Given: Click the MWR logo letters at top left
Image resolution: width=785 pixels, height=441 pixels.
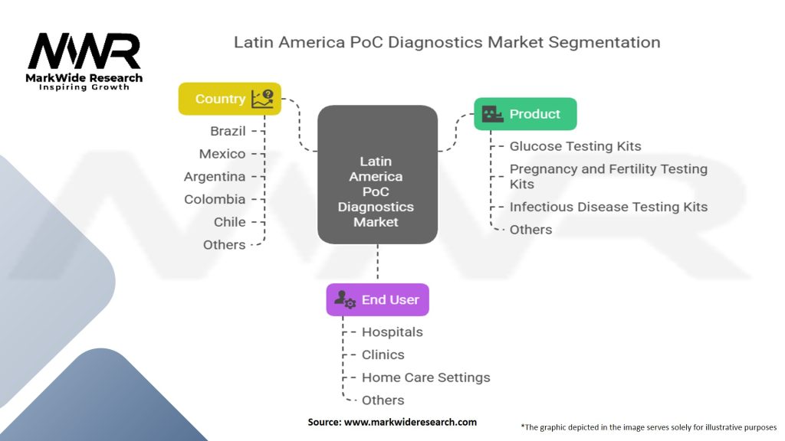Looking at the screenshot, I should [x=84, y=51].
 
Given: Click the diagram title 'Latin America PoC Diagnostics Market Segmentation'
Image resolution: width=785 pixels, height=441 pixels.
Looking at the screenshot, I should [x=447, y=41].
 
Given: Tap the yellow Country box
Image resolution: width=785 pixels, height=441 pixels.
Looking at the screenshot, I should [x=229, y=99].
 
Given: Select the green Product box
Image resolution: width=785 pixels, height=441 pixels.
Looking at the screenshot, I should [x=525, y=114].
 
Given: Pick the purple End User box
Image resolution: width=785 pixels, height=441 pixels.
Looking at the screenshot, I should [x=378, y=300].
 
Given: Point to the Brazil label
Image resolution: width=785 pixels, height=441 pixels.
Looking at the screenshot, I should [x=228, y=131].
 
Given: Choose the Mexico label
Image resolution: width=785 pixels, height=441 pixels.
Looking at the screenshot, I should [x=222, y=154].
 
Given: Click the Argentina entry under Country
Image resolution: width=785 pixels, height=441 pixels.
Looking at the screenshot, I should [x=215, y=177].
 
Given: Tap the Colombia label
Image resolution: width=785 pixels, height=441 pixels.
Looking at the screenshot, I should [x=215, y=199].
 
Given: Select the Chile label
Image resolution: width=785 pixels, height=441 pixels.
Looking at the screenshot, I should [x=230, y=222].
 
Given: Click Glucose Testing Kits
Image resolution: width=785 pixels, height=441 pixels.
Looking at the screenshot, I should [x=575, y=146].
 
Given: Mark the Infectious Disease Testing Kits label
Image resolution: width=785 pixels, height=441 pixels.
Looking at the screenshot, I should [x=609, y=207].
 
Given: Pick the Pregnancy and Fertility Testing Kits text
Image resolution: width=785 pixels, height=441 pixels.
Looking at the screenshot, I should [x=609, y=176].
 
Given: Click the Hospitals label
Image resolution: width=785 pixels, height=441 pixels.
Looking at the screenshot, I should [x=392, y=332].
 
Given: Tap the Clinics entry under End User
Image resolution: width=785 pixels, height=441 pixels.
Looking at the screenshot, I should [x=383, y=354].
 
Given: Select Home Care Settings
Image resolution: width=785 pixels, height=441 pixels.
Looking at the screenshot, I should [x=425, y=377].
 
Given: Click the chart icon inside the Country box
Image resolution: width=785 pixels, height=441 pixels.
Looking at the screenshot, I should [x=262, y=98].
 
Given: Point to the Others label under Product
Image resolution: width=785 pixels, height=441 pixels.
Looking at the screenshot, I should [x=530, y=230].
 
